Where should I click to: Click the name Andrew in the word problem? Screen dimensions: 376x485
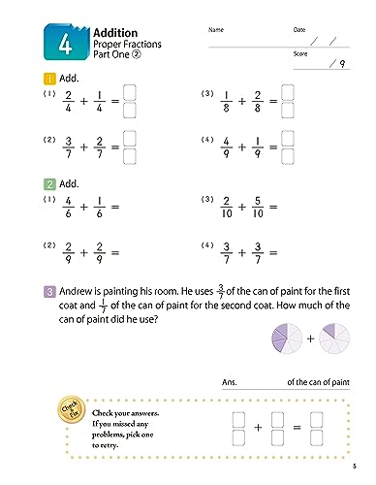tap(68, 289)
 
